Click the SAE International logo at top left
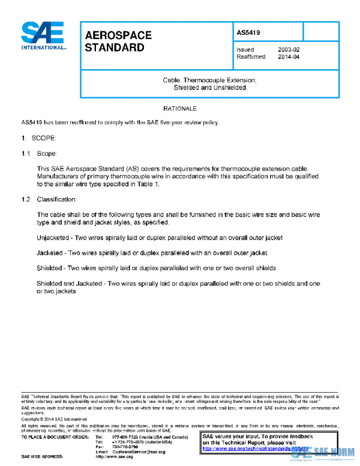pyautogui.click(x=44, y=36)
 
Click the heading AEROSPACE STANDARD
pyautogui.click(x=115, y=41)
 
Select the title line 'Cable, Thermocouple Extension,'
pyautogui.click(x=210, y=80)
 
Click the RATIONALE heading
pyautogui.click(x=180, y=109)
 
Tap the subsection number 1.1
pyautogui.click(x=26, y=154)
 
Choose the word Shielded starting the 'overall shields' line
pyautogui.click(x=50, y=267)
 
